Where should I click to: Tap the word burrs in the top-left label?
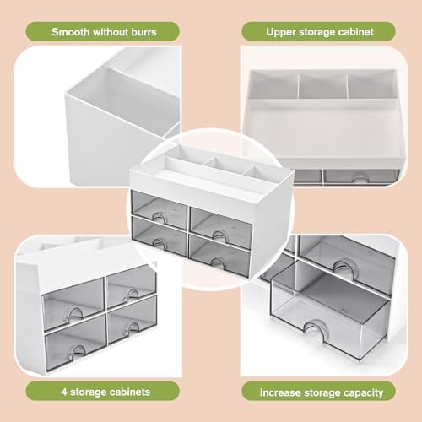point(143,32)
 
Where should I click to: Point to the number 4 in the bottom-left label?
point(64,392)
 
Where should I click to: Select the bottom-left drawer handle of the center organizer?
point(160,241)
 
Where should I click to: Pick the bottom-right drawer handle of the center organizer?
point(219,261)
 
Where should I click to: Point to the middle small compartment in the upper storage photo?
point(322,86)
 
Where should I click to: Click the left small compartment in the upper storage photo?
point(273,84)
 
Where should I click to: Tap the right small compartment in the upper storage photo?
point(372,86)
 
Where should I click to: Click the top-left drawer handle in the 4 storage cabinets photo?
point(74,312)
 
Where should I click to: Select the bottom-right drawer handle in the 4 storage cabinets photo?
point(132,327)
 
